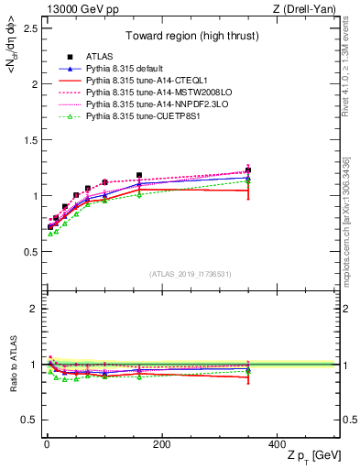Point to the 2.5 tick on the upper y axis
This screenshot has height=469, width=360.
(x=30, y=28)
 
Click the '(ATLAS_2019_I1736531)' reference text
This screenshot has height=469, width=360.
(x=191, y=274)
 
